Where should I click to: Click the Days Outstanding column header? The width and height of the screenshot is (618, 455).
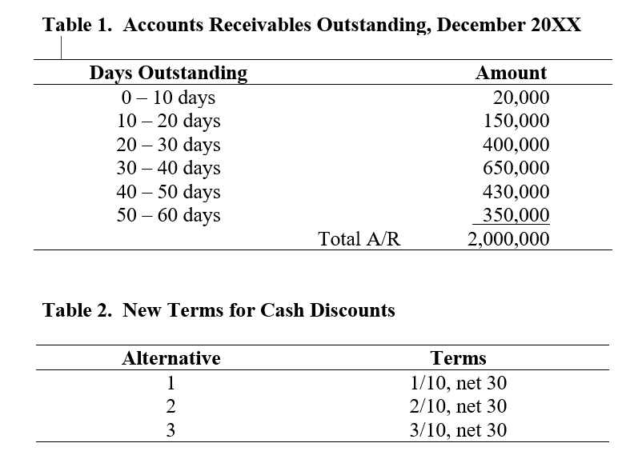coord(168,74)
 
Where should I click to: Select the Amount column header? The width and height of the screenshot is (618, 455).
coord(511,74)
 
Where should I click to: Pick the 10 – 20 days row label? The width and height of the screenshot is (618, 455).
coord(168,122)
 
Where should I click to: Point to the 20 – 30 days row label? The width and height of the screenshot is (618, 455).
coord(168,146)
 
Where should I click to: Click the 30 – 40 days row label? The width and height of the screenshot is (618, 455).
coord(168,169)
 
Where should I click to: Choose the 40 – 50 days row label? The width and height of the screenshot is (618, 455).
coord(168,193)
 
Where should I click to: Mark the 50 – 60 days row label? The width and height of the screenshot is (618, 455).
coord(168,216)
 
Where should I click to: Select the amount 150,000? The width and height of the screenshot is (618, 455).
coord(516,122)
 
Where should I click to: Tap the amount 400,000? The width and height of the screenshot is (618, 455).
coord(516,146)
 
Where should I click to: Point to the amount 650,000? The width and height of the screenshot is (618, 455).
coord(516,169)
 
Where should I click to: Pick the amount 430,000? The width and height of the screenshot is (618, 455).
coord(516,193)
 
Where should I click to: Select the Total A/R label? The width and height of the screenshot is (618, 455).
coord(359,239)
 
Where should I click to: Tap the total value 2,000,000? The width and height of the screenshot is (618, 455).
coord(508,239)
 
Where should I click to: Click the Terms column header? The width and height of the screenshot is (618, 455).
coord(458,358)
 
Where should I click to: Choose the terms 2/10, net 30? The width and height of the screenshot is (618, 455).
coord(458,406)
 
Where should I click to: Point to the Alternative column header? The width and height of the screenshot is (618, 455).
coord(171,358)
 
